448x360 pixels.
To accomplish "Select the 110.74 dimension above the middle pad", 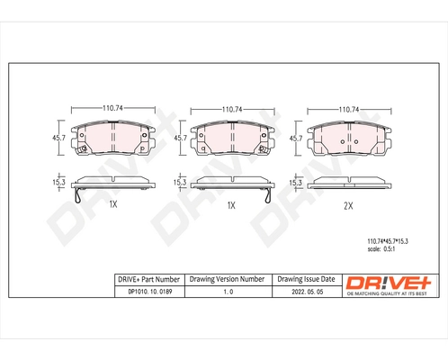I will point(231,108).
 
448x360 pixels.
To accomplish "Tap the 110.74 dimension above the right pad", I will point(348,109).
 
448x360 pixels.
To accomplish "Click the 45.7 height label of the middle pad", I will point(179,138).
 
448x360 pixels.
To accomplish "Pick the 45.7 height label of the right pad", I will point(294,139).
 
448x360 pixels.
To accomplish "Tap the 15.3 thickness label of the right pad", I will point(294,183).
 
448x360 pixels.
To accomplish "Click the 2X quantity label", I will point(348,205).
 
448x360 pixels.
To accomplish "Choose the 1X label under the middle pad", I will point(230,205).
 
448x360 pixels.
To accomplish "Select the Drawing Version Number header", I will point(228,279).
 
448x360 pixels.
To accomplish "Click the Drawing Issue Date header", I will point(308,279).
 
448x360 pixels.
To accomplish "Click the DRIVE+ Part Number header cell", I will point(148,279).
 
